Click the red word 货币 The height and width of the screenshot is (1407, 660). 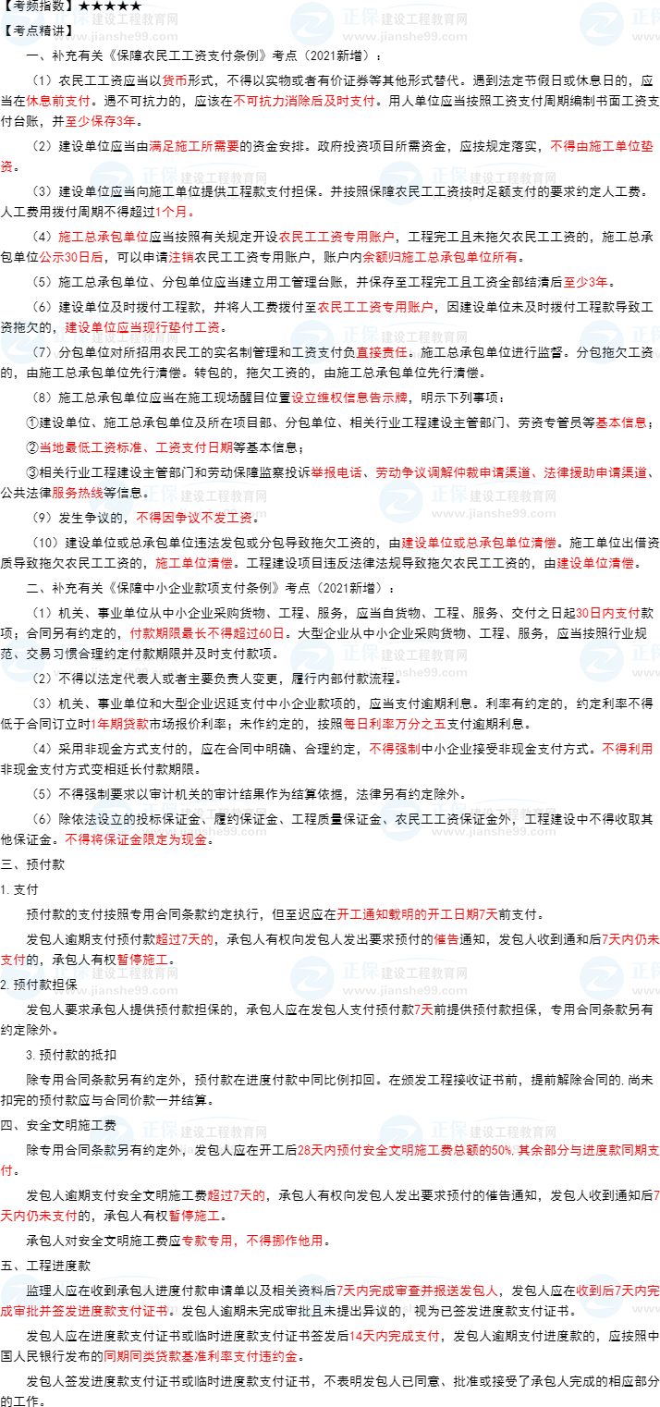click(175, 81)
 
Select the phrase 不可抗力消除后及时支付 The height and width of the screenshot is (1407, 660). click(303, 102)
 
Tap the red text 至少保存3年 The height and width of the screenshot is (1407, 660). click(100, 121)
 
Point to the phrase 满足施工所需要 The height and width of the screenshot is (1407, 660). click(194, 146)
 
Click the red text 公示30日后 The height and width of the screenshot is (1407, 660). click(71, 258)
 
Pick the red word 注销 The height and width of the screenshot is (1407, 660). click(181, 258)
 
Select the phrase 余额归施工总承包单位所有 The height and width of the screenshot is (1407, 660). click(440, 258)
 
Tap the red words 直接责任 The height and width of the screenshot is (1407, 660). click(382, 352)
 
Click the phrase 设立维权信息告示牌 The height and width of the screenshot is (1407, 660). click(349, 398)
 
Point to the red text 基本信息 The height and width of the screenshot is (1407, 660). click(620, 422)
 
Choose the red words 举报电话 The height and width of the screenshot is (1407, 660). click(336, 472)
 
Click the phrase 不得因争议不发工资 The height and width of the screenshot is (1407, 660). click(194, 518)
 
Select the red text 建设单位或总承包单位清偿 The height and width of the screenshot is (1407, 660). click(478, 543)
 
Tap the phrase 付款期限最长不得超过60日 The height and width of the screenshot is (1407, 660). click(207, 633)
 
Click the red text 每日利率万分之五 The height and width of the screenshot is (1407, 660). click(394, 724)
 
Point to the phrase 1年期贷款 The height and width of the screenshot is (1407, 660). click(119, 724)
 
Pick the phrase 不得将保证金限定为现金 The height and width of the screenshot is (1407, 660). click(136, 839)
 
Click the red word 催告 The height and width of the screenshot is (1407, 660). click(446, 939)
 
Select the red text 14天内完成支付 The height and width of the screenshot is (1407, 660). click(394, 1336)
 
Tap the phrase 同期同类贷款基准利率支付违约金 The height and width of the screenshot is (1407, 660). click(201, 1356)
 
